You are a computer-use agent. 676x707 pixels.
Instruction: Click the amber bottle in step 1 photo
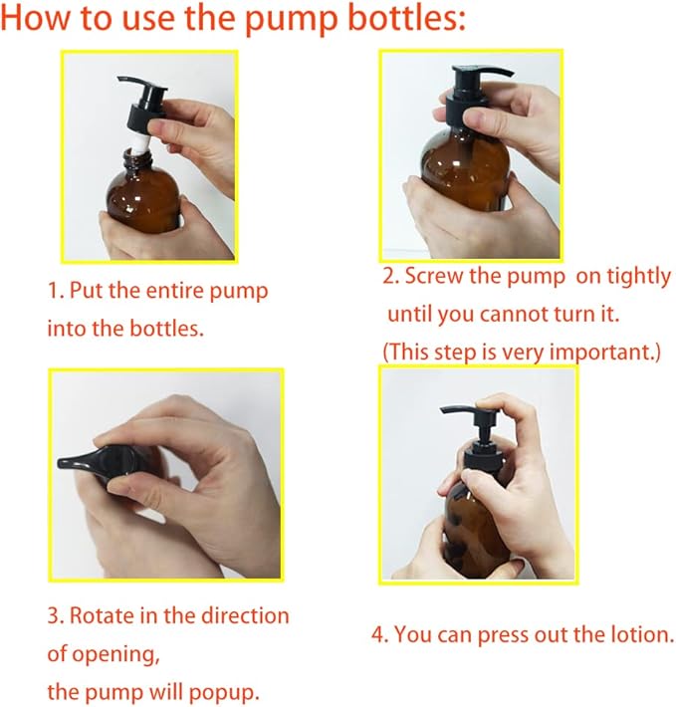coord(139,204)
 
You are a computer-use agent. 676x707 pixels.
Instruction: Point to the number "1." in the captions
coord(56,292)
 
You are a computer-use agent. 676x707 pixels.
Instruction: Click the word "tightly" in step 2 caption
coord(637,277)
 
